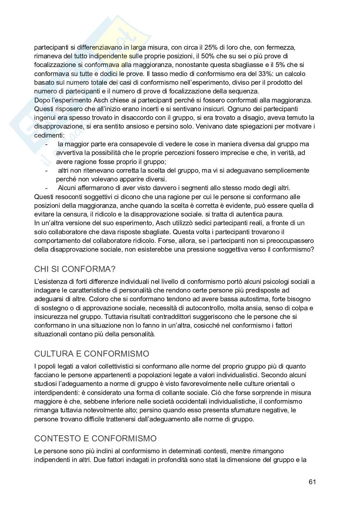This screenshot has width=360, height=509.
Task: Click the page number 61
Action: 312,482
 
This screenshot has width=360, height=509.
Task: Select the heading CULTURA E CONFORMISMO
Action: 92,354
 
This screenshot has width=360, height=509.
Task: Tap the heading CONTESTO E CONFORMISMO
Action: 95,438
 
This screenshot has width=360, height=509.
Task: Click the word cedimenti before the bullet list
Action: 48,135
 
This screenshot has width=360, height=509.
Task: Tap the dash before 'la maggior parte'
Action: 47,144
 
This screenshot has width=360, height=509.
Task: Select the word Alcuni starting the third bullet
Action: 67,188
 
